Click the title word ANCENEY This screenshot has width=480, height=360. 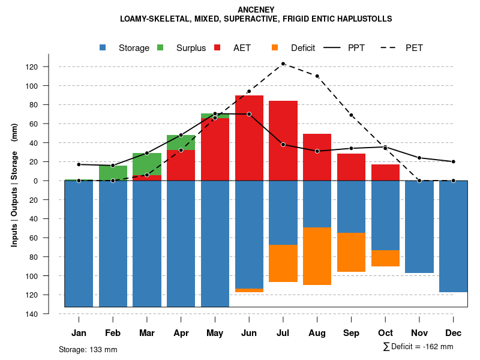(256, 10)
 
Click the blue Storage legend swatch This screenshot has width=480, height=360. (104, 47)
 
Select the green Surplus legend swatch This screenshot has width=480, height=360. (161, 47)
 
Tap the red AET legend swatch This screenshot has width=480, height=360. (218, 47)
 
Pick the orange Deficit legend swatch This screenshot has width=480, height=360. (275, 47)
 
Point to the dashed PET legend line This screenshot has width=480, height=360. (391, 47)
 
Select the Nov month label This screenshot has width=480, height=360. (419, 333)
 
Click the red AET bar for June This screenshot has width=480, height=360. (249, 138)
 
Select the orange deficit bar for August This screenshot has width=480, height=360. (317, 256)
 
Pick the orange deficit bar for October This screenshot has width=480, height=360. (385, 258)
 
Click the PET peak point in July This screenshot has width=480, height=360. (283, 64)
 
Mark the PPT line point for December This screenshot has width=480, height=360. (454, 161)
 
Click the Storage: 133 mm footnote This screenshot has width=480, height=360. (88, 349)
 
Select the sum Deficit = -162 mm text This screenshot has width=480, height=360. (418, 346)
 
